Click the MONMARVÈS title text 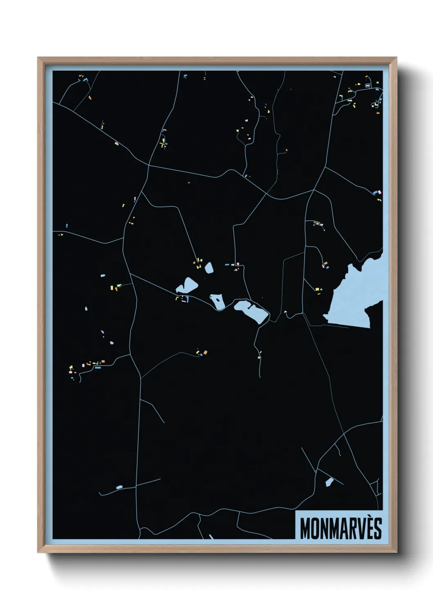point(341,529)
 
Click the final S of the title point(377,529)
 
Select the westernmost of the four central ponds point(187,285)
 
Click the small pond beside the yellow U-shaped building point(209,268)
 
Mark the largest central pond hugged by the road point(252,311)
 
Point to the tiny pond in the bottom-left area point(119,487)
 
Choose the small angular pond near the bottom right point(329,482)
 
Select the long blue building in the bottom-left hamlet point(98,368)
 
